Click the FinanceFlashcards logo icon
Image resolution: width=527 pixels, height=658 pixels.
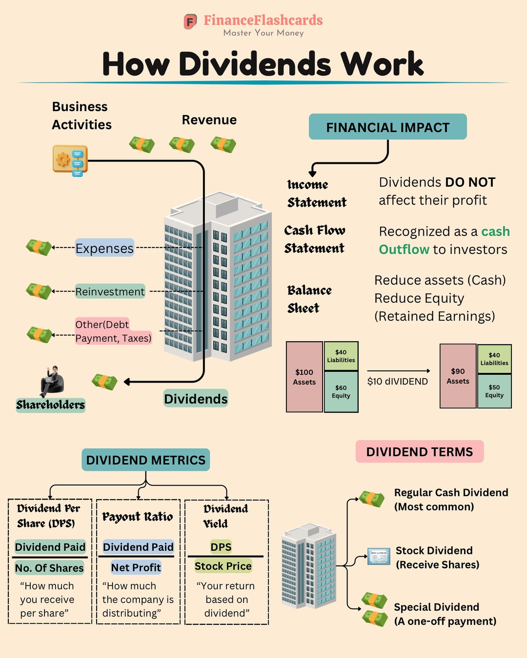pyautogui.click(x=190, y=21)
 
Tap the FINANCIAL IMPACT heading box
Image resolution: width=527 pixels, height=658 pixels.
pyautogui.click(x=388, y=127)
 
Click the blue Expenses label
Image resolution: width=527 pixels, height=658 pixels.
pyautogui.click(x=104, y=248)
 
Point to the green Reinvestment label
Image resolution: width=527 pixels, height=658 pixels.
pyautogui.click(x=110, y=292)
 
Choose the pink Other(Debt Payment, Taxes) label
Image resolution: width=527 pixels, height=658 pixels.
pyautogui.click(x=113, y=331)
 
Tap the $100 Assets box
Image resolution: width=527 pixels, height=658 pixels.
pyautogui.click(x=304, y=377)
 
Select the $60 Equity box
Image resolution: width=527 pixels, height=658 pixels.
pyautogui.click(x=341, y=391)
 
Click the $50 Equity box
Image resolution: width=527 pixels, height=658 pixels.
pyautogui.click(x=494, y=391)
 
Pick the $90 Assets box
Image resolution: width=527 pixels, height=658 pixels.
pyautogui.click(x=458, y=376)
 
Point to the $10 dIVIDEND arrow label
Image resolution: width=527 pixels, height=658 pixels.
pyautogui.click(x=397, y=381)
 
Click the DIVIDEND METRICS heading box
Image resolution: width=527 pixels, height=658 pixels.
pyautogui.click(x=146, y=460)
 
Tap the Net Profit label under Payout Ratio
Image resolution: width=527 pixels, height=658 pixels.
pyautogui.click(x=136, y=568)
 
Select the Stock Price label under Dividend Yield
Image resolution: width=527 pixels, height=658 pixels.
pyautogui.click(x=223, y=566)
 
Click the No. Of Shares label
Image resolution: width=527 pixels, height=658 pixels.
pyautogui.click(x=50, y=568)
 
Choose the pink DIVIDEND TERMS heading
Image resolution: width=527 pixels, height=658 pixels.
pyautogui.click(x=419, y=452)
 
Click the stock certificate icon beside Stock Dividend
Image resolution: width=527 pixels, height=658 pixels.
pyautogui.click(x=379, y=556)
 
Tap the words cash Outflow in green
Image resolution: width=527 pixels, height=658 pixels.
pyautogui.click(x=444, y=241)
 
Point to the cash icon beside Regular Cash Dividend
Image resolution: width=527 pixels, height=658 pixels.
pyautogui.click(x=372, y=499)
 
